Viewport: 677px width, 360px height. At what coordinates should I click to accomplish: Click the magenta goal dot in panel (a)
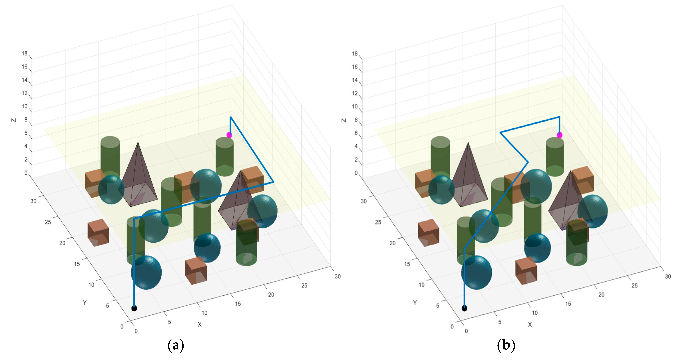[229, 135]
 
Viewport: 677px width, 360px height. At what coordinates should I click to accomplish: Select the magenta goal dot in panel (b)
[560, 135]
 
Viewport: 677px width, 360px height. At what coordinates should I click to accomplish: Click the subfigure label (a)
[176, 345]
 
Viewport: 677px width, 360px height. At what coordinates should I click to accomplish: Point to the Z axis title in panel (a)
[14, 120]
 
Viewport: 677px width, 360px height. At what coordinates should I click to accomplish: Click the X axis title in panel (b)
[530, 324]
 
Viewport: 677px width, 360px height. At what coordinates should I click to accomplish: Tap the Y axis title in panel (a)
[85, 303]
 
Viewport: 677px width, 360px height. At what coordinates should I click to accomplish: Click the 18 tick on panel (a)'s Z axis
[24, 54]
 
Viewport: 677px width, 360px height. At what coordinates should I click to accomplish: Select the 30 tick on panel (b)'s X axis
[668, 276]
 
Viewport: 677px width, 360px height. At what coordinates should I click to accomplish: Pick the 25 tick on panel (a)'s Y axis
[48, 222]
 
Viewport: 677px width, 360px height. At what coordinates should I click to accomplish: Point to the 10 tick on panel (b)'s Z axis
[355, 106]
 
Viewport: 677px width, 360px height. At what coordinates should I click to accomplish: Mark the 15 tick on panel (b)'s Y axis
[407, 264]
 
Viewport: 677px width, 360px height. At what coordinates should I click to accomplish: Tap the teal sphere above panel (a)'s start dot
[146, 272]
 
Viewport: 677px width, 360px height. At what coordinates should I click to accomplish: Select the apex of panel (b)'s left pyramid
[468, 143]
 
